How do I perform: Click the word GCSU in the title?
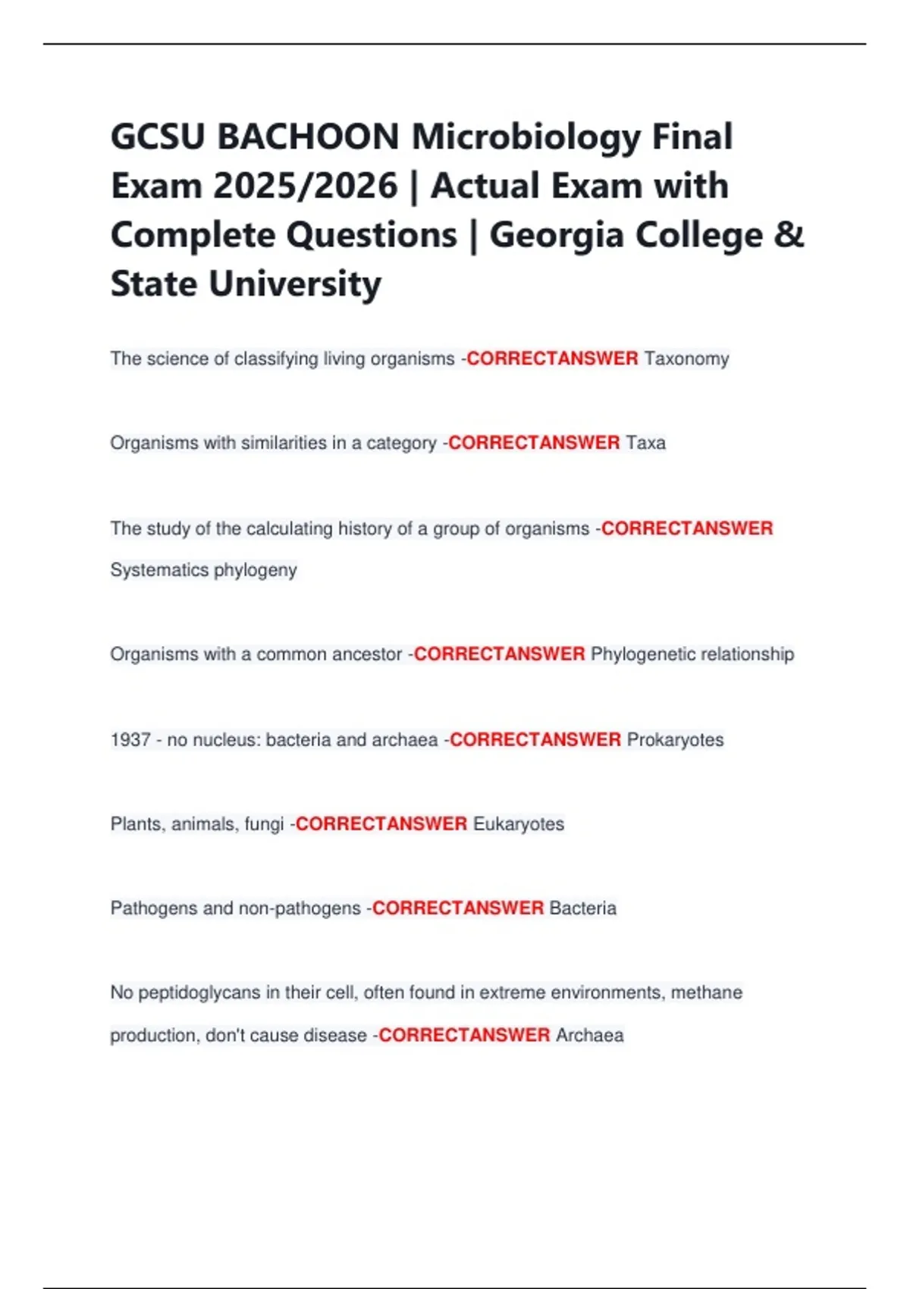click(x=158, y=137)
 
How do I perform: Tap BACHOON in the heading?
click(x=308, y=137)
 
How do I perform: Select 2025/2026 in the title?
click(x=305, y=187)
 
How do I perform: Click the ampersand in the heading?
click(x=789, y=235)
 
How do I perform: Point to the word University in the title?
click(x=295, y=284)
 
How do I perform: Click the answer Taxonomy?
click(x=686, y=359)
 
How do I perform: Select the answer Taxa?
click(x=645, y=443)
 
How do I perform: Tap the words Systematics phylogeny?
click(x=203, y=570)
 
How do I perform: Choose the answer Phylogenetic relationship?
click(x=692, y=654)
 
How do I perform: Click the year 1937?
click(x=130, y=740)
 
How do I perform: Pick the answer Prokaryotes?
click(x=675, y=740)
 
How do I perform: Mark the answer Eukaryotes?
click(x=519, y=824)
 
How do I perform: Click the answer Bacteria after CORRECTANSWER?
click(x=582, y=908)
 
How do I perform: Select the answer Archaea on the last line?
click(x=589, y=1036)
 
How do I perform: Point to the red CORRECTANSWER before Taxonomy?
click(x=552, y=359)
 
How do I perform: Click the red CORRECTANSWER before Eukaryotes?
click(x=381, y=824)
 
